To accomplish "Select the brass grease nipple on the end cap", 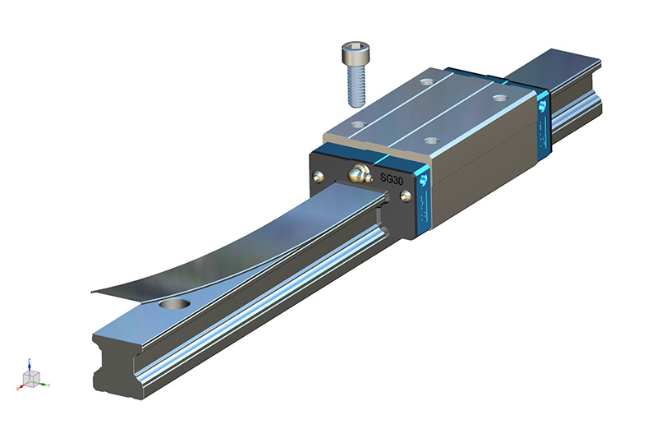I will [x=358, y=173].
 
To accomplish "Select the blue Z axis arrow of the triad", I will [x=30, y=362].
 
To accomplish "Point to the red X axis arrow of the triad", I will [x=21, y=386].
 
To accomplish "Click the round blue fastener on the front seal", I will [x=424, y=177].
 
